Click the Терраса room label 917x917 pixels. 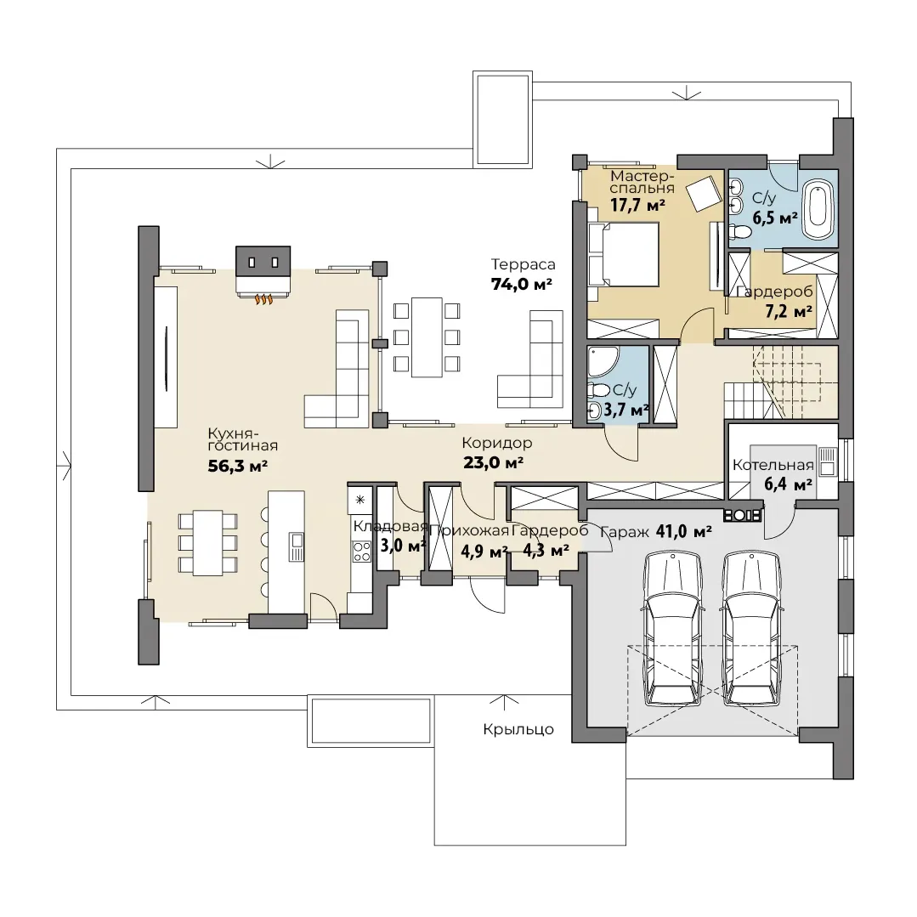coord(523,265)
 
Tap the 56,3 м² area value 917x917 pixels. coord(238,466)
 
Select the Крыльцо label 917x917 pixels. coord(518,730)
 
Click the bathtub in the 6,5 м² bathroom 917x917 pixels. coord(818,210)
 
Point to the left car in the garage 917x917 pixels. coord(672,629)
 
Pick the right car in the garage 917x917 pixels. coord(751,629)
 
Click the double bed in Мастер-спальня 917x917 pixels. coord(624,254)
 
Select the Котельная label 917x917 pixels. coord(773,466)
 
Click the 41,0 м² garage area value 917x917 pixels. coord(683,532)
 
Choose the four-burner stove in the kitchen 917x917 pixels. coord(361,551)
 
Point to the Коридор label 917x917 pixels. coord(497,443)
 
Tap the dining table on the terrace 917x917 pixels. coord(427,337)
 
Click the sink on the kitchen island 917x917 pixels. coord(297,546)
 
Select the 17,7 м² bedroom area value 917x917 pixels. coord(637,206)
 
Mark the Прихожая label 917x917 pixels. coord(470,531)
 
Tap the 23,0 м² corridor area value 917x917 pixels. coord(493,462)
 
